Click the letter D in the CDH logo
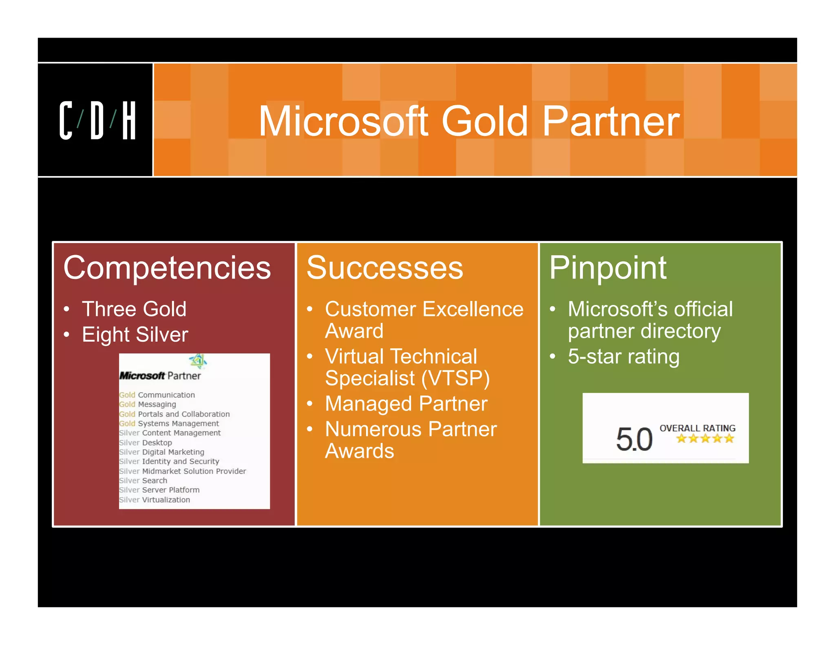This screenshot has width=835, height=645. click(x=97, y=121)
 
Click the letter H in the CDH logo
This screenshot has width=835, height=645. click(x=129, y=121)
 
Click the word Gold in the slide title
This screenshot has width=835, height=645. click(x=485, y=121)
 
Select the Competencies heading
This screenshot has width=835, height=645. click(x=167, y=268)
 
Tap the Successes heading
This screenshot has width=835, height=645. click(x=384, y=268)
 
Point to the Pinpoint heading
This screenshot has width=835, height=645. click(x=607, y=268)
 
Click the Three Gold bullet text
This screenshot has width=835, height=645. click(x=134, y=309)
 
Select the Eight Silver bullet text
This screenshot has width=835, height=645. click(x=135, y=334)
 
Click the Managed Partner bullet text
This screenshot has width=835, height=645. click(x=406, y=404)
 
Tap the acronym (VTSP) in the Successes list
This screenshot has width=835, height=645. click(x=455, y=378)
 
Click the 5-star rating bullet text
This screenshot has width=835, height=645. click(x=623, y=356)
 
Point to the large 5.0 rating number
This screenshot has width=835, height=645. click(x=634, y=440)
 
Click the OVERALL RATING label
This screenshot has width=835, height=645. click(x=697, y=428)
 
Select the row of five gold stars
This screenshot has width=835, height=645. click(x=705, y=439)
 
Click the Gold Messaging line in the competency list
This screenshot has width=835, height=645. click(x=148, y=404)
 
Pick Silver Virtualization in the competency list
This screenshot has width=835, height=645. click(x=155, y=500)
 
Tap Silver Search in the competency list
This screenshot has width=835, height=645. click(x=143, y=481)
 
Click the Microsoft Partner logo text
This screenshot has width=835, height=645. click(x=160, y=376)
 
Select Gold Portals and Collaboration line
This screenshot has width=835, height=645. click(x=175, y=414)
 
